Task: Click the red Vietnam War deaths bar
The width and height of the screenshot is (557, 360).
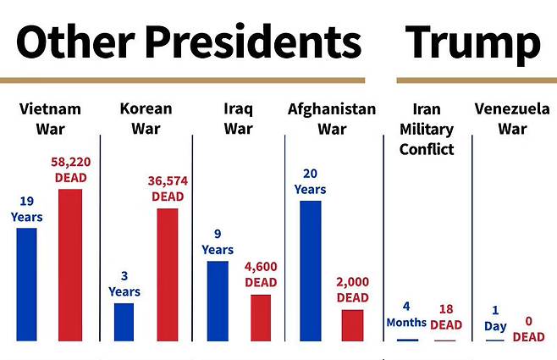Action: (70, 265)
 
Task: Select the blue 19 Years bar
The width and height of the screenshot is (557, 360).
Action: (26, 285)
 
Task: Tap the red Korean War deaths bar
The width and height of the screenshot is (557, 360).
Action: (168, 274)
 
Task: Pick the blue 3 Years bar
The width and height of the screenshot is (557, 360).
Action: (124, 322)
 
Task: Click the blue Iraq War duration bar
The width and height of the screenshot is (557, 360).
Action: (218, 302)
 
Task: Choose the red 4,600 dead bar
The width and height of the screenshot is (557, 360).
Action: (261, 318)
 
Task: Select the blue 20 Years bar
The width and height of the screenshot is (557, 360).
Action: (311, 271)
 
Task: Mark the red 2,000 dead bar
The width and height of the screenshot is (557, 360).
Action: (353, 325)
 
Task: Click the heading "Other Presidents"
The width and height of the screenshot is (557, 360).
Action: (189, 42)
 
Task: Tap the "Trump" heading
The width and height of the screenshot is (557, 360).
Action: (473, 44)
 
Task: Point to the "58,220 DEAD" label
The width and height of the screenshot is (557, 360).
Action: (71, 169)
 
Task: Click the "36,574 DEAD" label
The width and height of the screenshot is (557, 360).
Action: (168, 189)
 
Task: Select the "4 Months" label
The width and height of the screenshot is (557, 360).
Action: (406, 314)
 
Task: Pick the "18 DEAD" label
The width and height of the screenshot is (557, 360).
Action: (446, 317)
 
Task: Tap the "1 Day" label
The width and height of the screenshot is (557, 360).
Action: (495, 318)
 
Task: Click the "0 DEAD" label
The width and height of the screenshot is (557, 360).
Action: (528, 329)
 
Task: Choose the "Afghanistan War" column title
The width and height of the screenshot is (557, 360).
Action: (332, 119)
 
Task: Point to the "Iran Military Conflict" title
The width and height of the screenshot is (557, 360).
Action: (427, 129)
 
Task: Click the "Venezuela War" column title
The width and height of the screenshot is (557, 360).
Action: (512, 119)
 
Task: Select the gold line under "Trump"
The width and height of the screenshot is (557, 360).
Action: (477, 80)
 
